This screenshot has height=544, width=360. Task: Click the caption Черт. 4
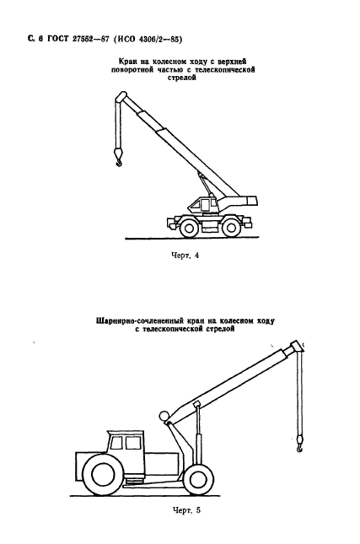[184, 256]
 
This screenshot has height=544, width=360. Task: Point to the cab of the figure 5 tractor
[127, 444]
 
